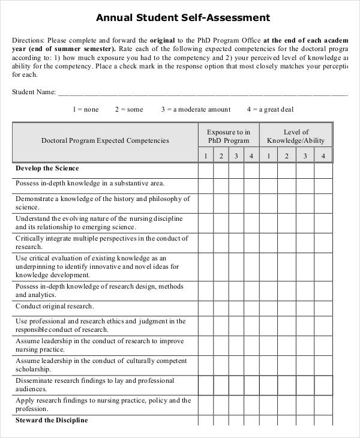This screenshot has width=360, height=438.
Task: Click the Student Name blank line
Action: coord(203,95)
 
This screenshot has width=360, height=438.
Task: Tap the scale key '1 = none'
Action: coord(85,109)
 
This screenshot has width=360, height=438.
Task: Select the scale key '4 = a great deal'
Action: coord(270,109)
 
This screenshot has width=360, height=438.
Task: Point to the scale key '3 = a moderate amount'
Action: coord(196,109)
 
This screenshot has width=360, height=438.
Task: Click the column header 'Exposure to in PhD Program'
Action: coord(229,136)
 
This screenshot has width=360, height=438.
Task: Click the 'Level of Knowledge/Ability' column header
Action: coord(296,136)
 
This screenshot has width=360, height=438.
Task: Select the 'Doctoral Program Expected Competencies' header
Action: coord(105,140)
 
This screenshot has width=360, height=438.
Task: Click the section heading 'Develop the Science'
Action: coord(47,169)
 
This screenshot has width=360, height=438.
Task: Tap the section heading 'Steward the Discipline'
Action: coord(52,420)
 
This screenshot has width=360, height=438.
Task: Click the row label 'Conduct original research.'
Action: coord(55,306)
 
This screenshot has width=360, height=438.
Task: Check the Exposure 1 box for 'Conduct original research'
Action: coord(205,307)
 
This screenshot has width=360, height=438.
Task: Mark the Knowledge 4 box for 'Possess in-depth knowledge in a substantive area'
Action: coord(323,184)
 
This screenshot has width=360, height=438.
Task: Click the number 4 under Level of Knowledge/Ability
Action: coord(323,156)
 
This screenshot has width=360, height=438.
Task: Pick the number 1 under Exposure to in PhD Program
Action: coord(205,156)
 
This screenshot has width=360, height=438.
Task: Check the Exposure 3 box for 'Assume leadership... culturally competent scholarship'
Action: coord(236,365)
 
